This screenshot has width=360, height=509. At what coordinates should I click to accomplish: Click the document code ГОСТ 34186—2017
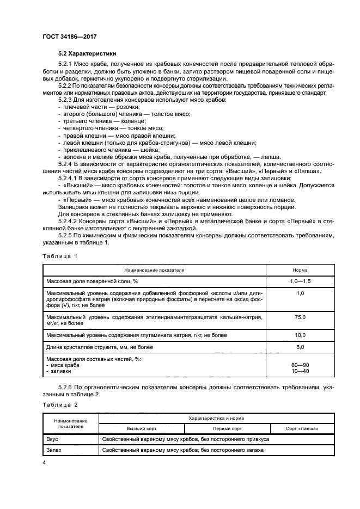(x=70, y=36)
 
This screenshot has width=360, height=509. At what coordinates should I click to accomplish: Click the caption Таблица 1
(x=60, y=255)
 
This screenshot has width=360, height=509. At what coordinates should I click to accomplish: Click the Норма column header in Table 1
(x=300, y=269)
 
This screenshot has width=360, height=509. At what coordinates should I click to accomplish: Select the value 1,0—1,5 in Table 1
(x=300, y=280)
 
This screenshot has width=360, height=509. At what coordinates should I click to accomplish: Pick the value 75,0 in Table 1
(x=300, y=316)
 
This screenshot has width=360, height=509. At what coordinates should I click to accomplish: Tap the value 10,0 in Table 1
(x=300, y=335)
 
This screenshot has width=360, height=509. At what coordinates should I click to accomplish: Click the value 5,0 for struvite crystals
(x=300, y=346)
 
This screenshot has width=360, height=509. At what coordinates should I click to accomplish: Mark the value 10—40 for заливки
(x=300, y=371)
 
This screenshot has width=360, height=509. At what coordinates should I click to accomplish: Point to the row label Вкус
(x=53, y=439)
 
